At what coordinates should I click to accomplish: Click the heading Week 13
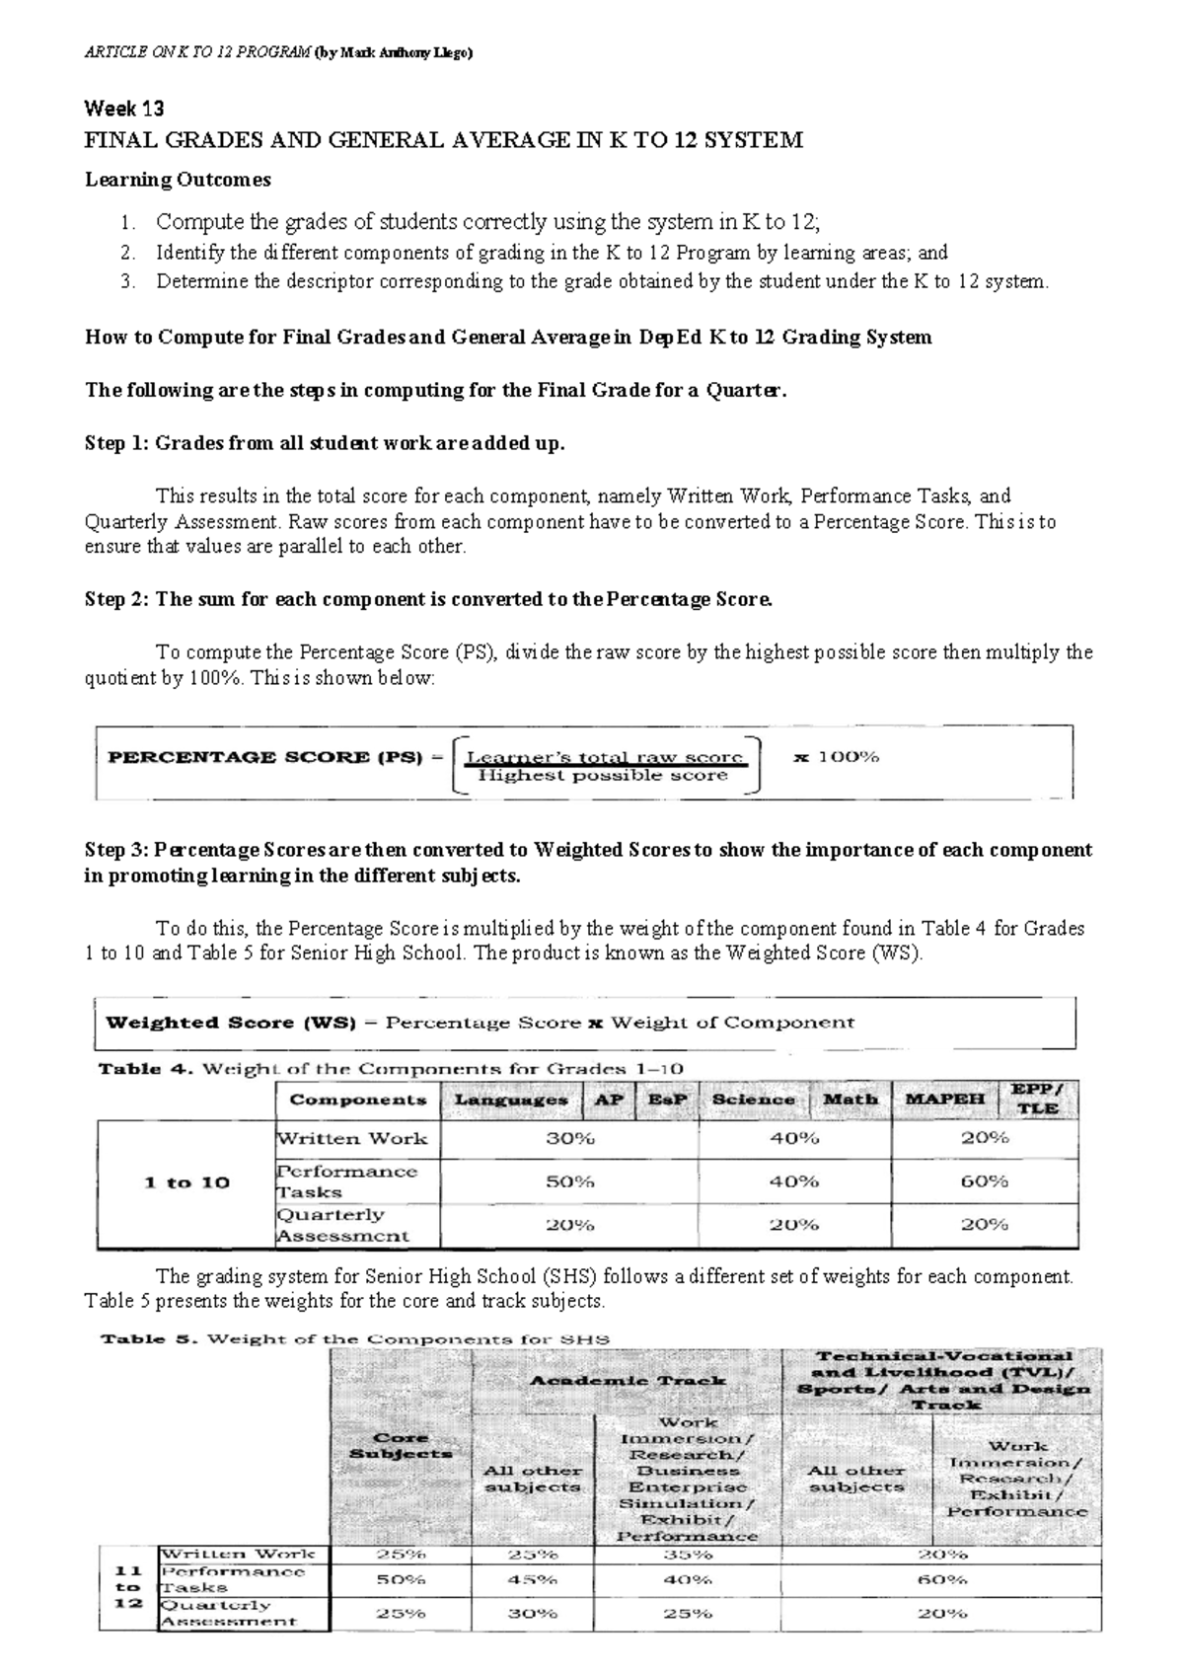pos(124,109)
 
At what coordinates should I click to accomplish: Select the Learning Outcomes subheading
pos(178,180)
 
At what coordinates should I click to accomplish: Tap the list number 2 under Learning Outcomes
pos(126,253)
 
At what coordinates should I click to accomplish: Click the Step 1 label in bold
pos(115,443)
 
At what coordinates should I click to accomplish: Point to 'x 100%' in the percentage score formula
pos(837,758)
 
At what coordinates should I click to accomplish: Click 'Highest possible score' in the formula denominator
pos(602,777)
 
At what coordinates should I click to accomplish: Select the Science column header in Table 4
pos(753,1100)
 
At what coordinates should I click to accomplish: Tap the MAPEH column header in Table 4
pos(945,1100)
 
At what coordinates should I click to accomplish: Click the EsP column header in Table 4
pos(667,1100)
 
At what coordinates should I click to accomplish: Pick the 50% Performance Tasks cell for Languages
pos(569,1181)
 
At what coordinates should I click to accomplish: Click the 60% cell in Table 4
pos(984,1181)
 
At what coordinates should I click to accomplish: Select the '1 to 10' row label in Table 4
pos(186,1182)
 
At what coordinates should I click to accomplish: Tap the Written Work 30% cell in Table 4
pos(569,1138)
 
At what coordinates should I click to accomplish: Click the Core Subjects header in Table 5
pos(400,1445)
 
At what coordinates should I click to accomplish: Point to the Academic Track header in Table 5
pos(628,1380)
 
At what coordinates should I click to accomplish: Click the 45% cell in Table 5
pos(533,1579)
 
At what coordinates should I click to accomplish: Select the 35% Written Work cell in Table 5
pos(688,1554)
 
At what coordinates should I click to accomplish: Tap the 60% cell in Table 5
pos(942,1579)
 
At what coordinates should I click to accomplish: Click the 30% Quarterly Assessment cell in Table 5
pos(533,1614)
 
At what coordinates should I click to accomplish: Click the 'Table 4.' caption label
pos(129,1069)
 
